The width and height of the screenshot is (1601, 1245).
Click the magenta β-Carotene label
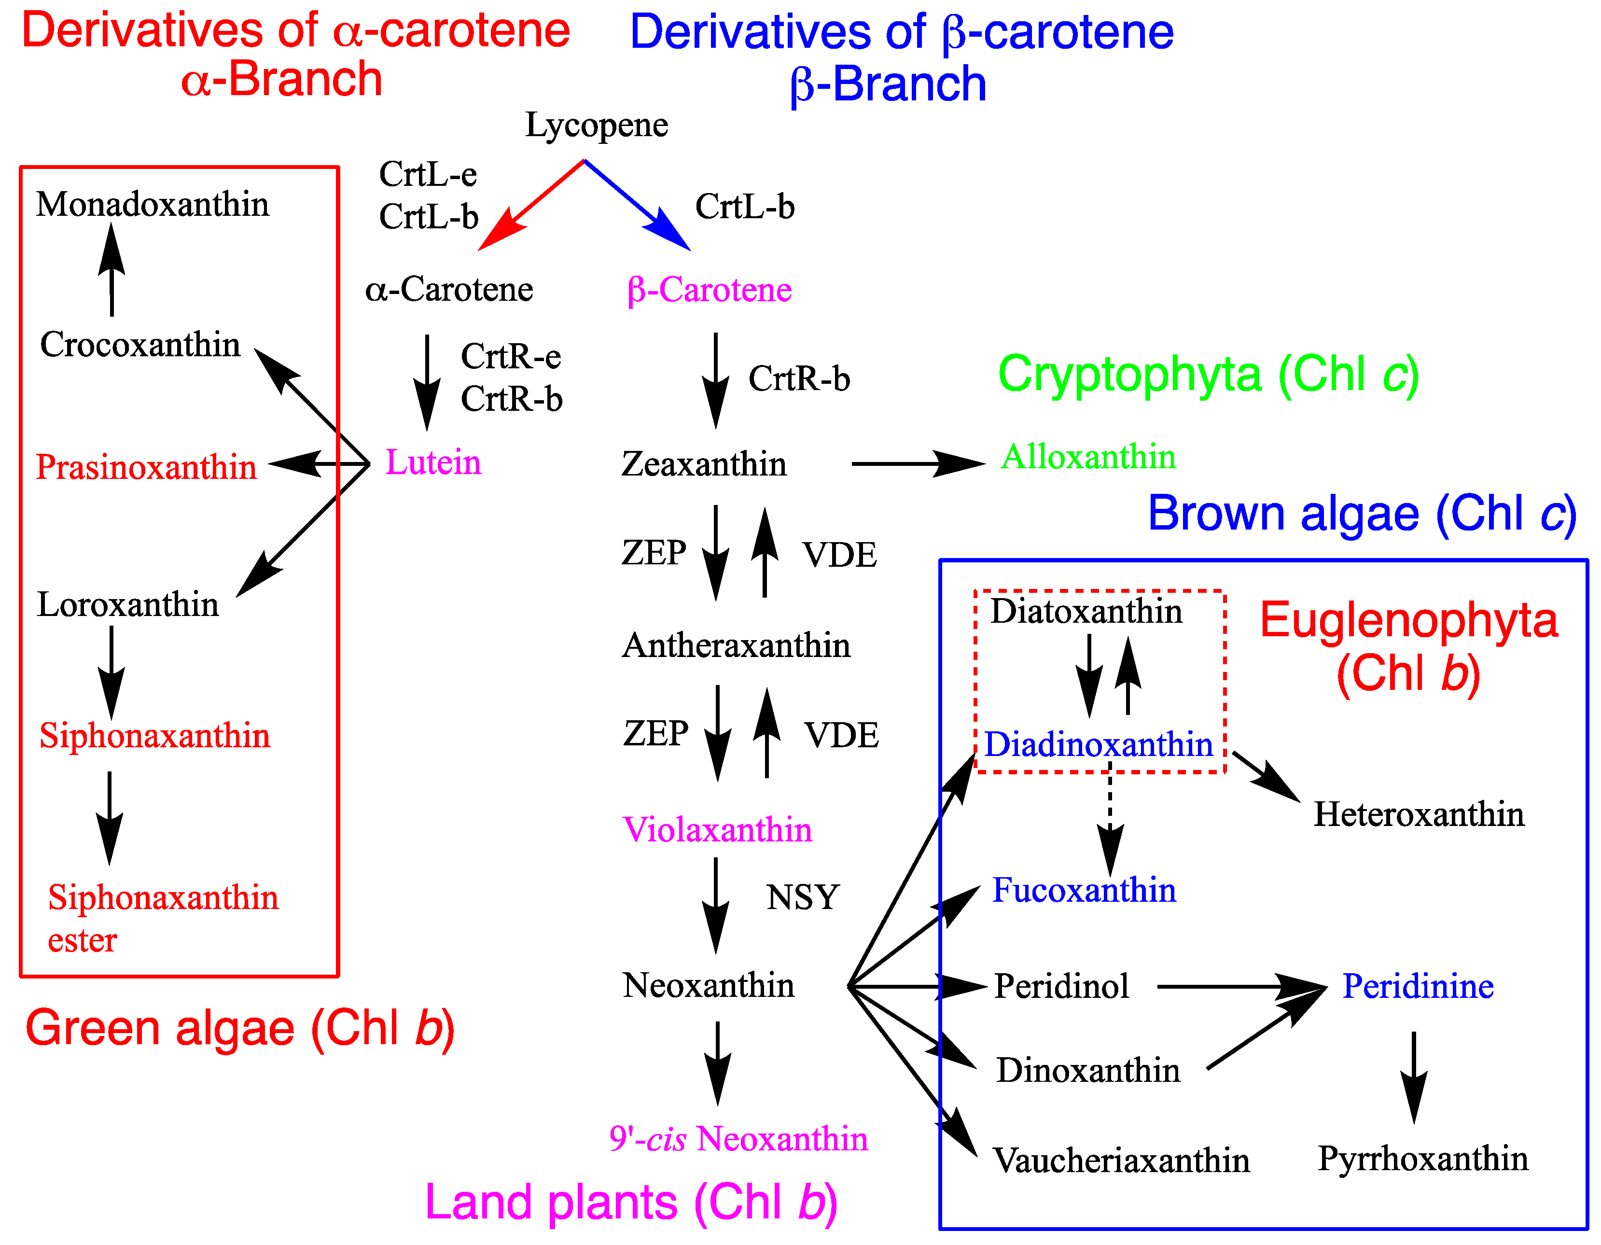pyautogui.click(x=709, y=290)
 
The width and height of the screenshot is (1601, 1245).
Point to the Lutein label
pyautogui.click(x=433, y=462)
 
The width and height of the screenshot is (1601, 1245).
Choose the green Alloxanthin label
pyautogui.click(x=1088, y=457)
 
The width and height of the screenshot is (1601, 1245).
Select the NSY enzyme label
pyautogui.click(x=803, y=897)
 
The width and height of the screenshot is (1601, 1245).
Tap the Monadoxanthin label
pyautogui.click(x=153, y=205)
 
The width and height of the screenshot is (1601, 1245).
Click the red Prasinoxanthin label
pyautogui.click(x=146, y=467)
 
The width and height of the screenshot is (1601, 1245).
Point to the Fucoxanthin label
pyautogui.click(x=1084, y=891)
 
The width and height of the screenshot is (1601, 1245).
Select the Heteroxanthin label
pyautogui.click(x=1419, y=814)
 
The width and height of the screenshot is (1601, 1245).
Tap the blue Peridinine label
pyautogui.click(x=1418, y=987)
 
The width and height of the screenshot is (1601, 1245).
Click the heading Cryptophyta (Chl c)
pyautogui.click(x=1208, y=375)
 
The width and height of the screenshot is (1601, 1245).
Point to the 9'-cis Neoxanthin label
pyautogui.click(x=738, y=1139)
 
